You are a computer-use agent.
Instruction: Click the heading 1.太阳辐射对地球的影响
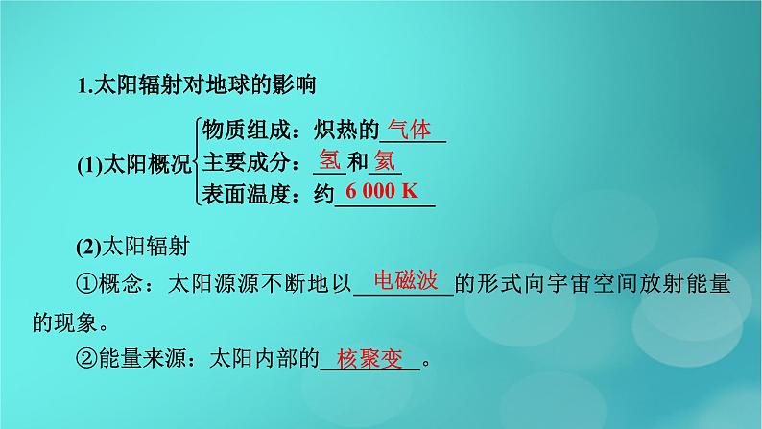(197, 85)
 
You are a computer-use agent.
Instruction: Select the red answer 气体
(410, 130)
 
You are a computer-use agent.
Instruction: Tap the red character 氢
(330, 160)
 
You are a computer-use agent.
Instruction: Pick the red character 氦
(385, 160)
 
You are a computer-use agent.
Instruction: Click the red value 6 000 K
(382, 191)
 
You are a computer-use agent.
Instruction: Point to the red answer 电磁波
(406, 281)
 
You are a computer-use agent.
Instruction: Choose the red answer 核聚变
(370, 359)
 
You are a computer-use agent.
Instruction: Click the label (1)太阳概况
(134, 165)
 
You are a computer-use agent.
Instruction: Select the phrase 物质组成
(246, 131)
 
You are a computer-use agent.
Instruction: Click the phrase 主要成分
(246, 162)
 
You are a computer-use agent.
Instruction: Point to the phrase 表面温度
(246, 194)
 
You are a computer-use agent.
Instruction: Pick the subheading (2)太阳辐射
(132, 247)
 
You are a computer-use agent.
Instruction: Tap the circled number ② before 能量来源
(87, 359)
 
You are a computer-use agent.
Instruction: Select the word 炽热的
(346, 131)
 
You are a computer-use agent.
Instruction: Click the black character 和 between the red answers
(357, 162)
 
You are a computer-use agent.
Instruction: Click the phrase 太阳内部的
(264, 359)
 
